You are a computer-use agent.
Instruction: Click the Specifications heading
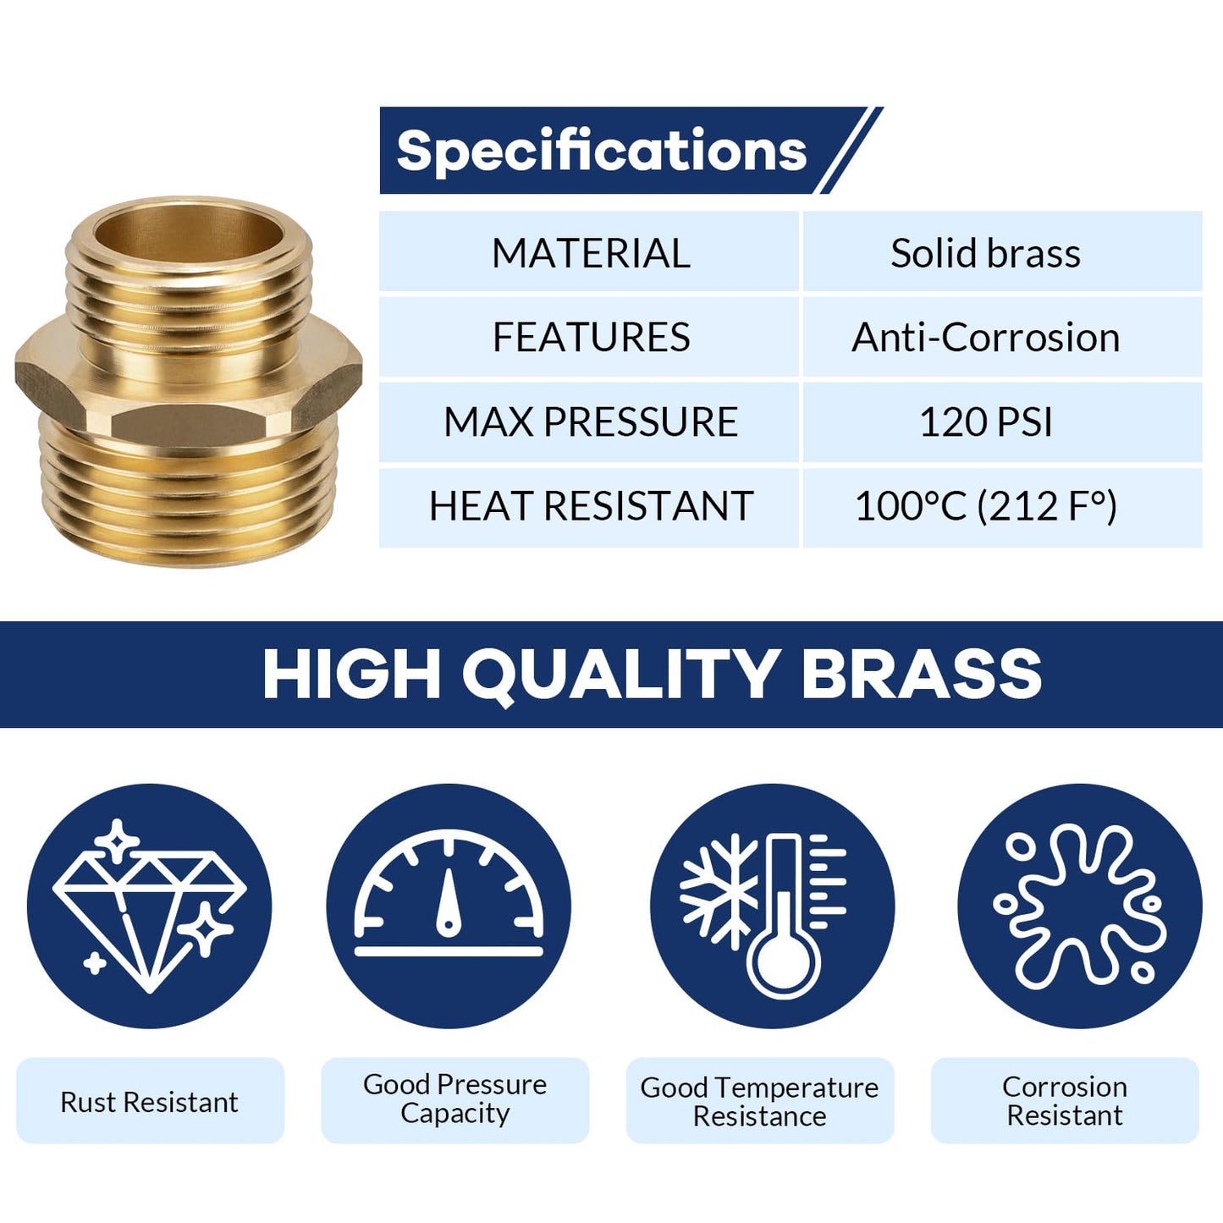click(602, 151)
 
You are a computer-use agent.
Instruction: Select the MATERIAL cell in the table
click(590, 253)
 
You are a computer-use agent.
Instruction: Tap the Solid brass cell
click(985, 253)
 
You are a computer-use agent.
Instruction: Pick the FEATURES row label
click(590, 337)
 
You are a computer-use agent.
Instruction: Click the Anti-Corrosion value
click(985, 337)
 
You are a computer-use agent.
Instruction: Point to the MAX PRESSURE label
click(590, 421)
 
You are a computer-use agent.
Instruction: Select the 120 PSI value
click(985, 421)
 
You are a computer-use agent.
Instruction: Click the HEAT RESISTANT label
click(590, 506)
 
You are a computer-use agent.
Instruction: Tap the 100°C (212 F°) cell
click(985, 506)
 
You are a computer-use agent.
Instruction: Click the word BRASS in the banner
click(921, 674)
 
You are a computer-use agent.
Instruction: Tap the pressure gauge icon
click(449, 897)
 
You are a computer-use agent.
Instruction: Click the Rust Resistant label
click(150, 1101)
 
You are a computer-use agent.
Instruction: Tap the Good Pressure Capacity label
click(454, 1099)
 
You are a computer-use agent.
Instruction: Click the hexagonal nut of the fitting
click(188, 372)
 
